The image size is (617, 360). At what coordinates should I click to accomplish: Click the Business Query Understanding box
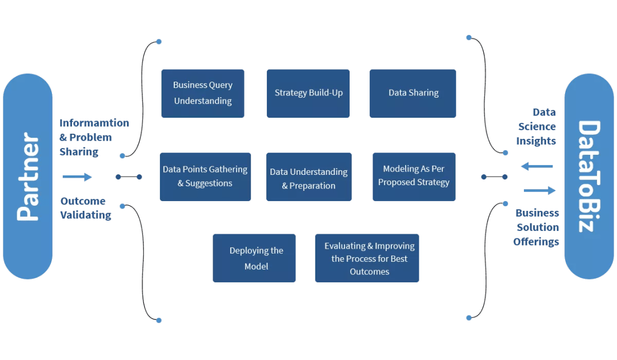pyautogui.click(x=203, y=94)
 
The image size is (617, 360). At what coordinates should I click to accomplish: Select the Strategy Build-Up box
pyautogui.click(x=308, y=94)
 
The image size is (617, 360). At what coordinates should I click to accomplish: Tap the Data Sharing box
pyautogui.click(x=413, y=94)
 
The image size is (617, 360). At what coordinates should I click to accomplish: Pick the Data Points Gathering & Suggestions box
pyautogui.click(x=205, y=177)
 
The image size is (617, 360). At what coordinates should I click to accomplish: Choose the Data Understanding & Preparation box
pyautogui.click(x=308, y=177)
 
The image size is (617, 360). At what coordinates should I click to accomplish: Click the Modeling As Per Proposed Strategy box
pyautogui.click(x=414, y=177)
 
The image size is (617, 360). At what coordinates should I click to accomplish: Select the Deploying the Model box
pyautogui.click(x=254, y=258)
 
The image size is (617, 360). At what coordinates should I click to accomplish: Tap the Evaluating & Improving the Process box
pyautogui.click(x=367, y=258)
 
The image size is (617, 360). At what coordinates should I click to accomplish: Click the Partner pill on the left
pyautogui.click(x=27, y=177)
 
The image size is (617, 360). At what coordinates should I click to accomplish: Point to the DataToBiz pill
pyautogui.click(x=589, y=177)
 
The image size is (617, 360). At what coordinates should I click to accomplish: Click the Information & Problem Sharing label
pyautogui.click(x=94, y=137)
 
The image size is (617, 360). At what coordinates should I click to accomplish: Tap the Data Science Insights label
pyautogui.click(x=536, y=126)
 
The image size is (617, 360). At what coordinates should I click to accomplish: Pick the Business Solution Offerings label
pyautogui.click(x=537, y=227)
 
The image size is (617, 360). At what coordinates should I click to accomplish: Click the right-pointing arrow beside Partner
pyautogui.click(x=77, y=177)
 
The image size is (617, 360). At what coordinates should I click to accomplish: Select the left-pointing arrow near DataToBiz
pyautogui.click(x=537, y=166)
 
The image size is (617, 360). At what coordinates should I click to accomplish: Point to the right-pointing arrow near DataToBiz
pyautogui.click(x=539, y=190)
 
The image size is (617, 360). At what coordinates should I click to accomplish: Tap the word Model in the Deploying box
pyautogui.click(x=257, y=266)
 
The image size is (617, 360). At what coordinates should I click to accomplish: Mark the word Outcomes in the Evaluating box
pyautogui.click(x=370, y=271)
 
